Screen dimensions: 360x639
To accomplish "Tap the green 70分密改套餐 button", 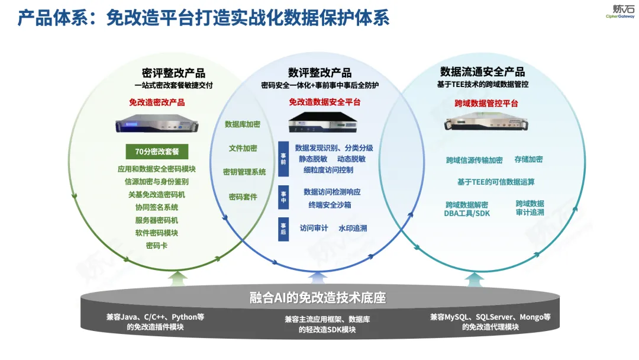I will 157,152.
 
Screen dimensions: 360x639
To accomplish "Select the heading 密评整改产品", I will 173,73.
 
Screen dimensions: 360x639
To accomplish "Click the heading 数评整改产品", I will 319,73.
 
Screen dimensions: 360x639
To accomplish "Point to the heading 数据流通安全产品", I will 482,72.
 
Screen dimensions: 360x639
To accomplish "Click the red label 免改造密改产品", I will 157,102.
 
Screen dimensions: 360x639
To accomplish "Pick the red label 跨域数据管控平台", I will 482,103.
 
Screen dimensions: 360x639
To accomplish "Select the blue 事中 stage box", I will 283,198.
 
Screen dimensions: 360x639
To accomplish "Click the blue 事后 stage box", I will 283,229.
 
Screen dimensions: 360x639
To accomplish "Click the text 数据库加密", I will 243,124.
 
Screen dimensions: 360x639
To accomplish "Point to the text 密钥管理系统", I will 244,172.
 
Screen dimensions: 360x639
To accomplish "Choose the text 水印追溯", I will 353,228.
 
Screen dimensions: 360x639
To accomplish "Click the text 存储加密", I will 528,159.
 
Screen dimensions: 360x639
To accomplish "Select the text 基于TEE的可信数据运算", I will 496,182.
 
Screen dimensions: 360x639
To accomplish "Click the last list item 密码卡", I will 157,245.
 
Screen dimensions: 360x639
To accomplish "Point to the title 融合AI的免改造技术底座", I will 318,297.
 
